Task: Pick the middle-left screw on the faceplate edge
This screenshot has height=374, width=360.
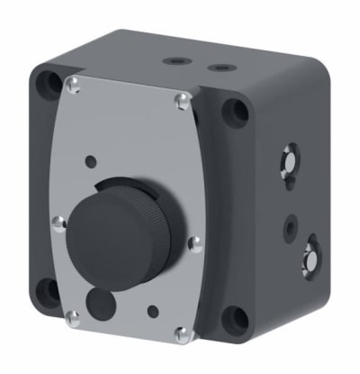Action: point(58,222)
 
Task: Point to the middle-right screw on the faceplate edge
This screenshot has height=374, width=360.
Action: point(193,242)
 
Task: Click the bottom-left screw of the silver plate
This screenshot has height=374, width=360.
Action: point(73,315)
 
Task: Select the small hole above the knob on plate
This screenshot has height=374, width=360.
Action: point(90,161)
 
